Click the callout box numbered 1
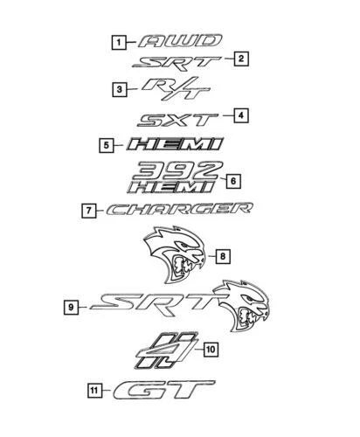(x=119, y=43)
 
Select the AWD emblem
(x=181, y=41)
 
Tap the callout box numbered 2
(x=241, y=59)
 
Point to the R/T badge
(x=177, y=88)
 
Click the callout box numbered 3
(x=120, y=89)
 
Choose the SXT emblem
(x=177, y=120)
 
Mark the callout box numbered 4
(x=241, y=115)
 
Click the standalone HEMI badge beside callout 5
(x=175, y=144)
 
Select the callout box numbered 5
(x=107, y=145)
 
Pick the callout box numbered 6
(x=233, y=181)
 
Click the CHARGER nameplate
(x=179, y=209)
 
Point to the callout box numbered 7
(x=89, y=211)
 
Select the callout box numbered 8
(x=223, y=256)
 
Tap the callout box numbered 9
(x=71, y=307)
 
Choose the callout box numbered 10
(x=211, y=349)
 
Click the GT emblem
(x=164, y=390)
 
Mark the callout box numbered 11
(x=95, y=391)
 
